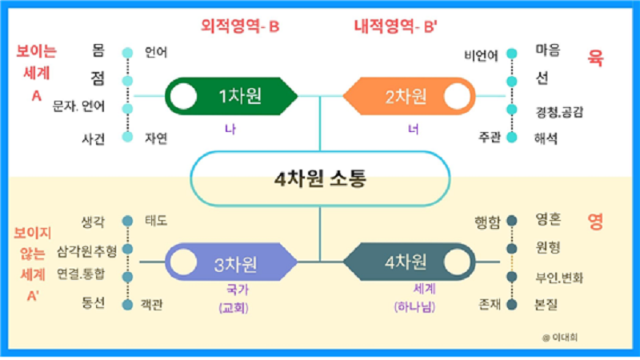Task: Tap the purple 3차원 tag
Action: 231,262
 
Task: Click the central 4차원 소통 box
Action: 319,179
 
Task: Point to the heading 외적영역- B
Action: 240,27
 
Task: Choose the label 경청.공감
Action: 559,111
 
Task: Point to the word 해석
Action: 548,138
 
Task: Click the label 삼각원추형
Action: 87,251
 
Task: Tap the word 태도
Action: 156,220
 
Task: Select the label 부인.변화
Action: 559,278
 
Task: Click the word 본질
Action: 548,305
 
